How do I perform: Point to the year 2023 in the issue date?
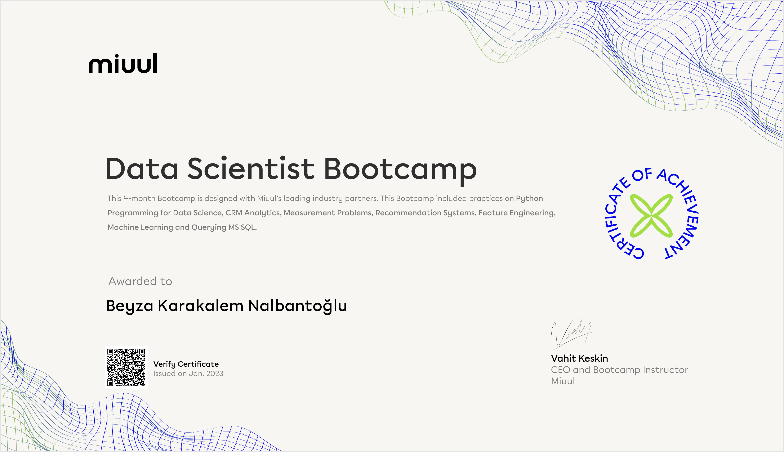pos(215,374)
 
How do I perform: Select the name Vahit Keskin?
pos(579,358)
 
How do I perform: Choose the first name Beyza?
pos(130,306)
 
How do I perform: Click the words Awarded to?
pos(140,281)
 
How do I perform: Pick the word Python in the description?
pos(529,199)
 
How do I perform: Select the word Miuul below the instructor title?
pos(563,381)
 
